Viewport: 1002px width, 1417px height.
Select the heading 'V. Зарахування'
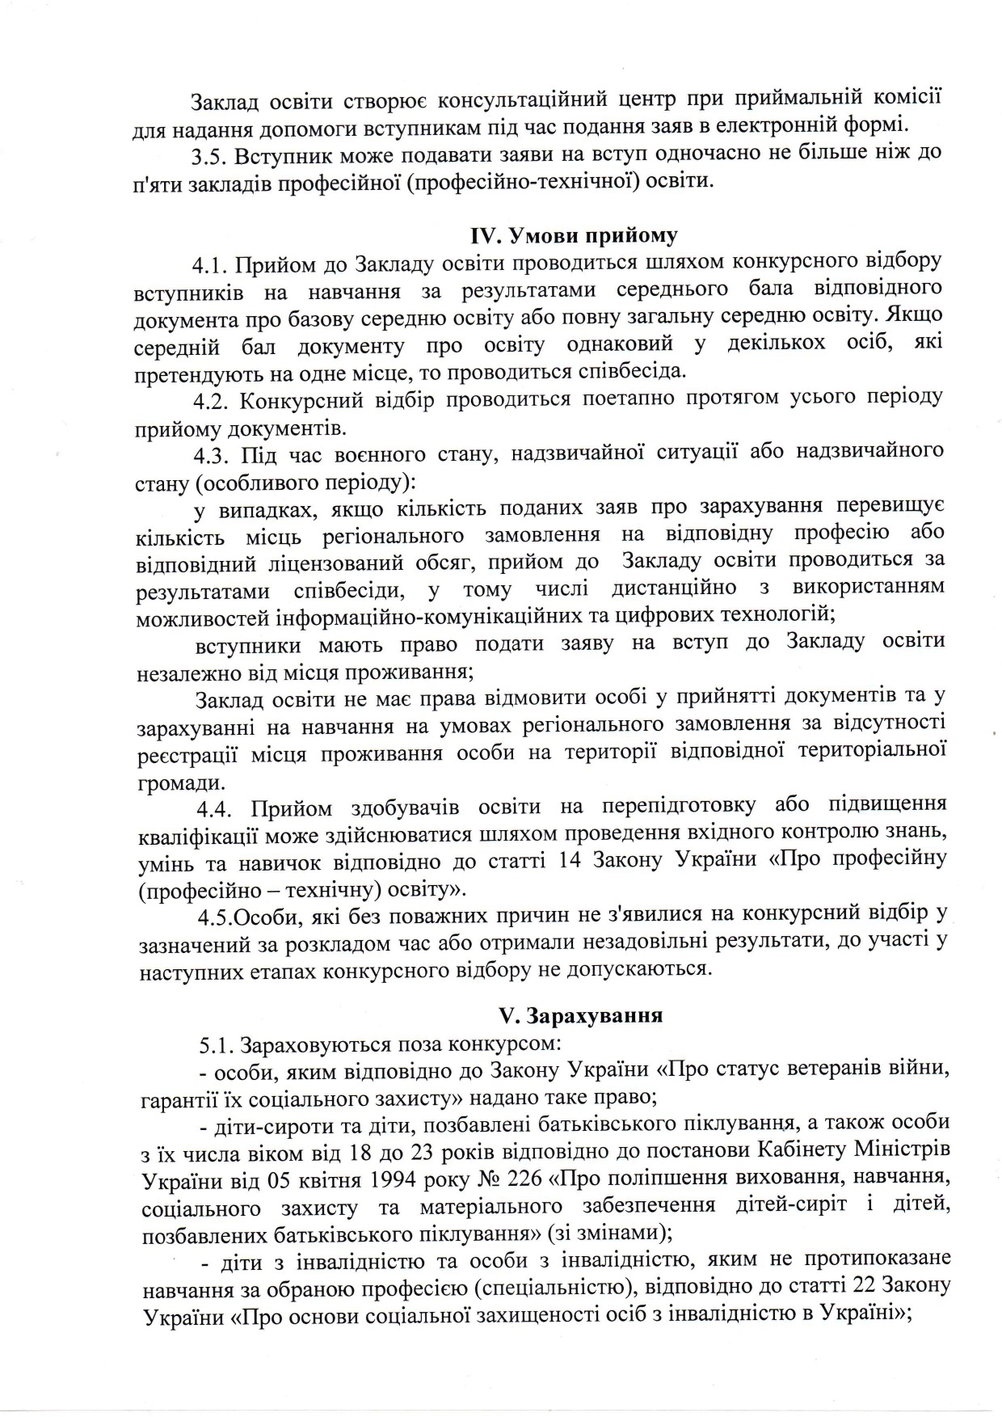pyautogui.click(x=579, y=1015)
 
